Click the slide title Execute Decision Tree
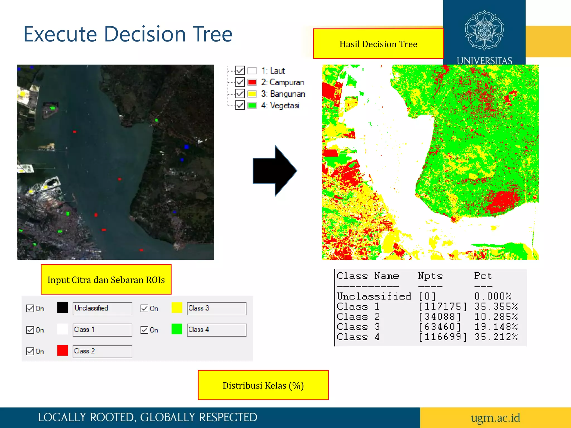click(x=128, y=34)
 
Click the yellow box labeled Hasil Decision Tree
click(x=378, y=44)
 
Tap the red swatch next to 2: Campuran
click(x=252, y=82)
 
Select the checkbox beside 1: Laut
click(x=240, y=70)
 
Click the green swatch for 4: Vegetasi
click(x=252, y=105)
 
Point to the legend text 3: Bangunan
click(x=283, y=94)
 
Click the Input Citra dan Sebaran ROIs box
click(x=106, y=279)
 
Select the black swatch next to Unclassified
click(x=62, y=308)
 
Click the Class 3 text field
click(x=216, y=308)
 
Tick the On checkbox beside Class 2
click(x=30, y=351)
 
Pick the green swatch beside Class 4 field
click(x=177, y=329)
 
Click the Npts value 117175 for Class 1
click(x=442, y=307)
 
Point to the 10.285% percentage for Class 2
click(x=496, y=317)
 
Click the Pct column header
click(x=483, y=276)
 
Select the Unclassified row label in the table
click(x=374, y=296)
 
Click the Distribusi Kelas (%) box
click(x=263, y=385)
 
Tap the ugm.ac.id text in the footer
click(x=495, y=418)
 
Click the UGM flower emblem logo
click(x=484, y=30)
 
